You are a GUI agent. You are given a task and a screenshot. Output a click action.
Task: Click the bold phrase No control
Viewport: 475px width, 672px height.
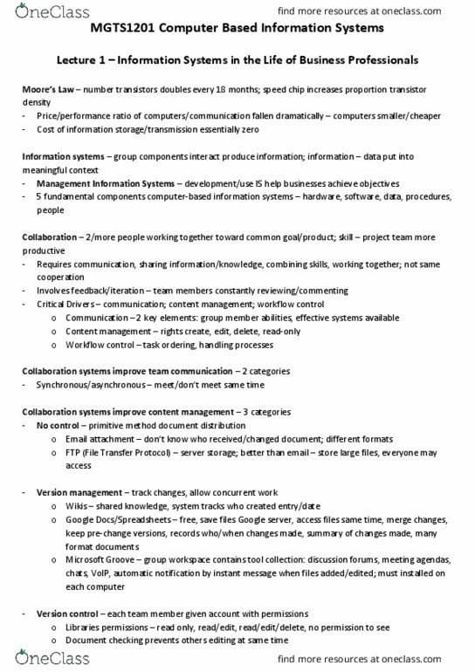tap(58, 425)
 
